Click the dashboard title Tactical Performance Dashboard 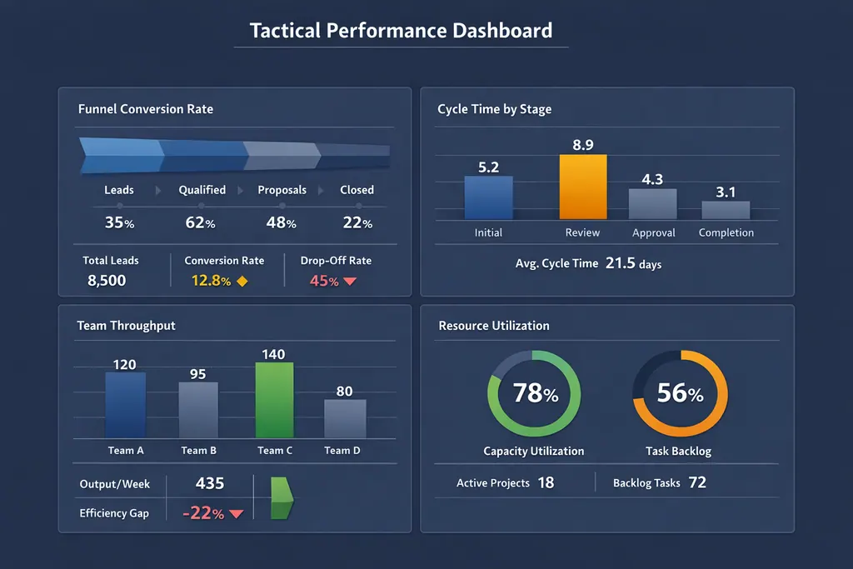[401, 31]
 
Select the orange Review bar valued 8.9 [583, 187]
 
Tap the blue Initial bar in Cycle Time [488, 197]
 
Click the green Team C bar [274, 400]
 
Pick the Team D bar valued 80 [345, 418]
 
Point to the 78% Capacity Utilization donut [534, 393]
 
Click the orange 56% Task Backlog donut [680, 393]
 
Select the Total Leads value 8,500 [107, 281]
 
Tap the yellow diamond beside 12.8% [242, 282]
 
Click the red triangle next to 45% [350, 282]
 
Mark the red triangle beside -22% [236, 514]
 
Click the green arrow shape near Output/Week [282, 498]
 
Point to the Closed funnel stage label [357, 190]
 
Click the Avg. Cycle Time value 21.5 [621, 263]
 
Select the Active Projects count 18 [546, 482]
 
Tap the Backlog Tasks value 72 [697, 482]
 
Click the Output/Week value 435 [209, 483]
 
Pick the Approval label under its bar [653, 233]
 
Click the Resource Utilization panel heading [494, 326]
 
